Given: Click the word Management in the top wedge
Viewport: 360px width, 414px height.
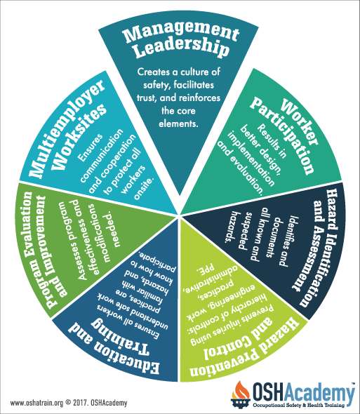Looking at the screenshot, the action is [181, 32].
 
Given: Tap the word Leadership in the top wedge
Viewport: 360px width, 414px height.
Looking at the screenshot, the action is [180, 47].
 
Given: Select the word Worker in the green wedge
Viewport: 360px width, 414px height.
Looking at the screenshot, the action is [300, 122].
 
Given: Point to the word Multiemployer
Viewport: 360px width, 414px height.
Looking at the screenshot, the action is [65, 128].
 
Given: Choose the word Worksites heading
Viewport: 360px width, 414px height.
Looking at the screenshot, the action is [80, 137].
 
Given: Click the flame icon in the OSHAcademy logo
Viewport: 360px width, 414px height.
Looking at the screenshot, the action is [240, 392].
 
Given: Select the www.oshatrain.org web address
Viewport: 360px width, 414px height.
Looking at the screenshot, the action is [37, 403].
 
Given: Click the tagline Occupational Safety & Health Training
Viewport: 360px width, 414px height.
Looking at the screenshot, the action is [299, 405].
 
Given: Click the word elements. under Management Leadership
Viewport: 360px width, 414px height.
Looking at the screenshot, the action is [178, 123].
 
